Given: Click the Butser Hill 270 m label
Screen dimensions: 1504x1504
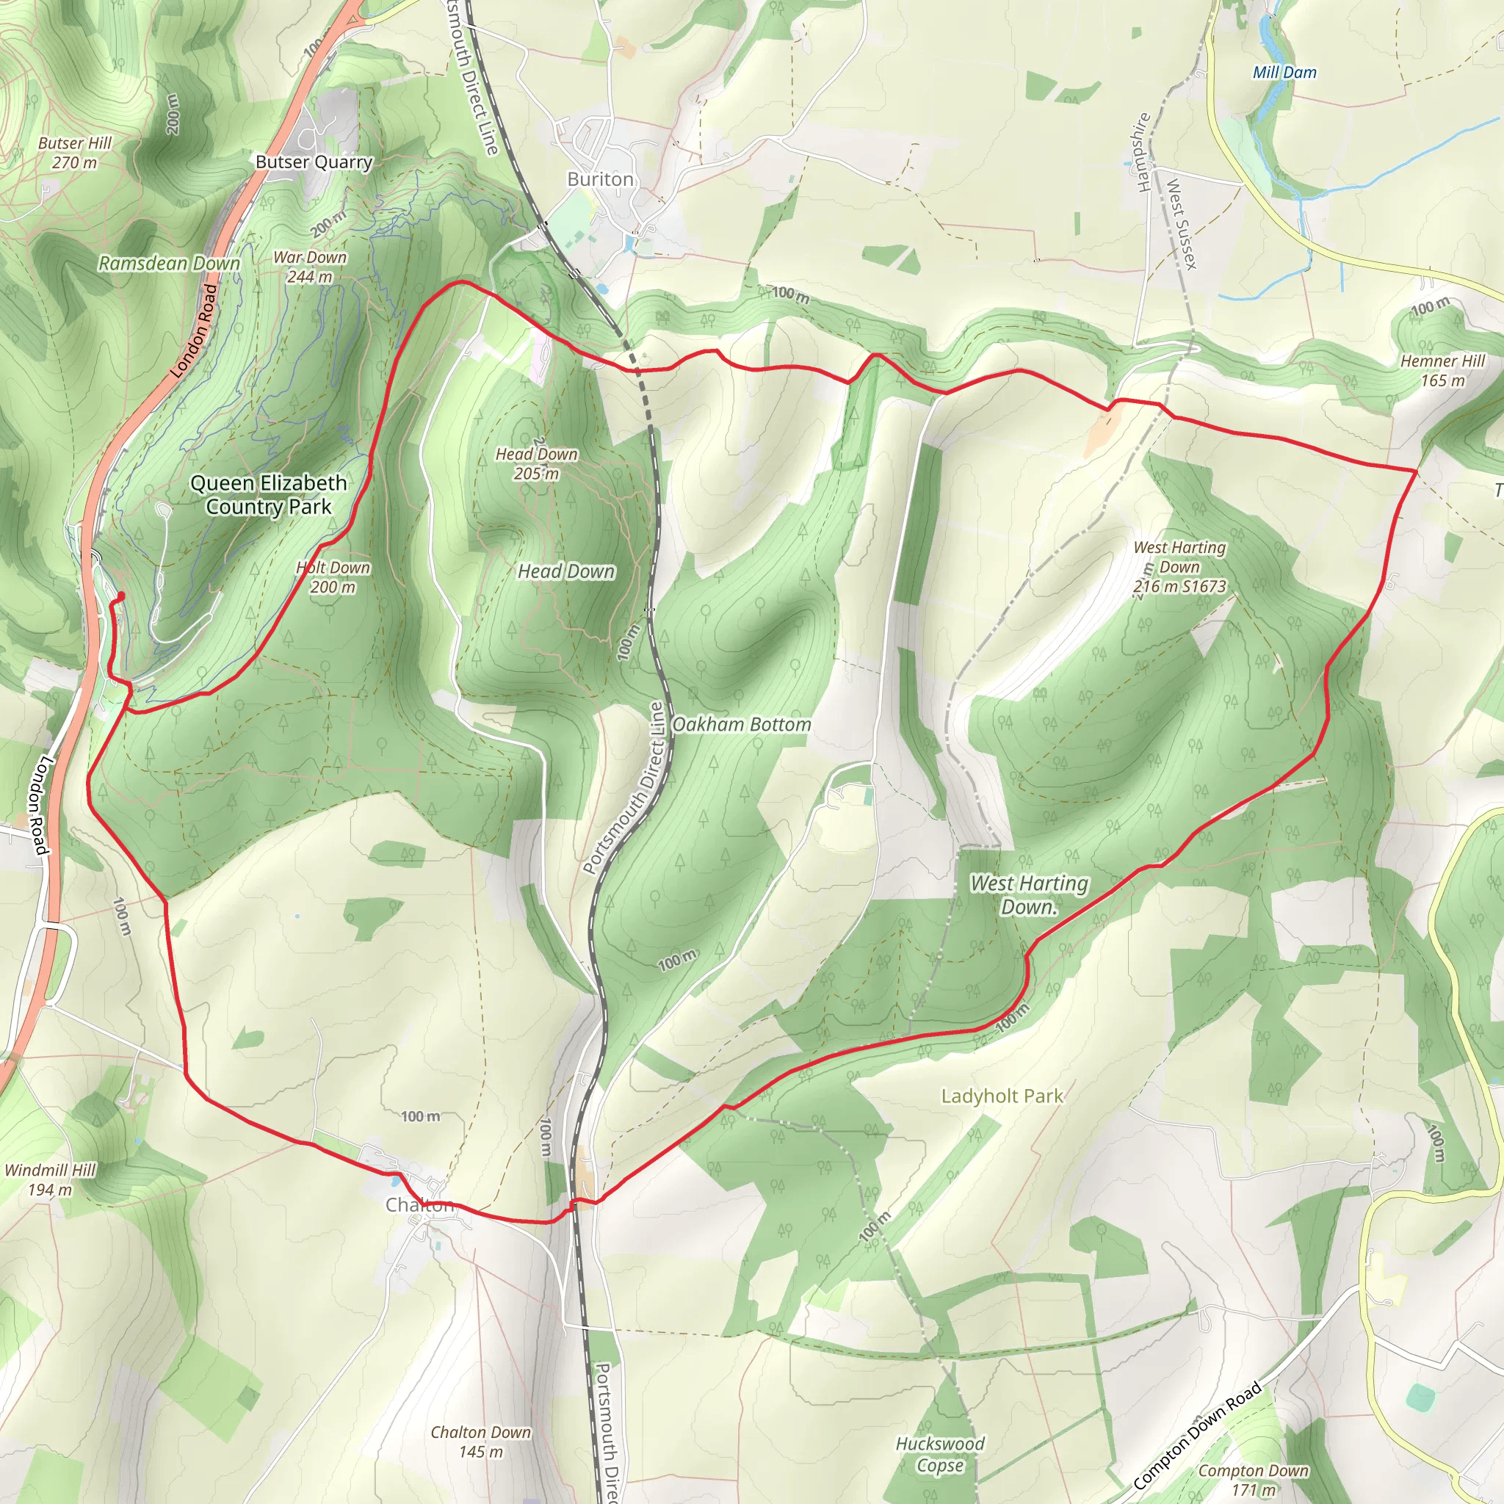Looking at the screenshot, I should click(x=75, y=153).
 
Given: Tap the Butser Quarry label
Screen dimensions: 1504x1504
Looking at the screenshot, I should click(x=314, y=162).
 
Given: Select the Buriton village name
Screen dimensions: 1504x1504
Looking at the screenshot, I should click(x=600, y=179).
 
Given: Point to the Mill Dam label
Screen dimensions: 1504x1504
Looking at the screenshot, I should click(x=1284, y=73).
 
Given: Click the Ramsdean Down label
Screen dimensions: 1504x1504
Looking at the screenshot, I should click(x=169, y=263).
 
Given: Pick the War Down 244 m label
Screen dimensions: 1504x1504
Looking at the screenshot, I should click(x=310, y=267).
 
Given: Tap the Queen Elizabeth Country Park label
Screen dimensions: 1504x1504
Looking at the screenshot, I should click(x=269, y=494).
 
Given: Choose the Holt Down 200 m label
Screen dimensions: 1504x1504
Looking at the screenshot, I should click(x=333, y=576).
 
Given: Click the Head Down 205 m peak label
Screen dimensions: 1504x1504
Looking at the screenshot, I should click(x=536, y=463).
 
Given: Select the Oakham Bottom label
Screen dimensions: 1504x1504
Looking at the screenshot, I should click(x=741, y=724).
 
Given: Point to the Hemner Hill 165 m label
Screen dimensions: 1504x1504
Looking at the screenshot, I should click(x=1442, y=371).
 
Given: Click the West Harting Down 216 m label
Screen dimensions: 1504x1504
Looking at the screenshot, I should click(x=1179, y=567).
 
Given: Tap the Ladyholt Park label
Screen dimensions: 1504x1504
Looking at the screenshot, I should click(x=1002, y=1096).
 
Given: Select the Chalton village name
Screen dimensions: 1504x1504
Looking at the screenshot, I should click(x=419, y=1204).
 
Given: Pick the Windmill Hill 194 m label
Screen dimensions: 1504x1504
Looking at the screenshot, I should click(x=50, y=1179).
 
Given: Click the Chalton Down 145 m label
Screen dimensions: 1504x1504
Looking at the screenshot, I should click(x=480, y=1442).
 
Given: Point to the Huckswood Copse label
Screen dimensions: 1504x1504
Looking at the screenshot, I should click(x=939, y=1454).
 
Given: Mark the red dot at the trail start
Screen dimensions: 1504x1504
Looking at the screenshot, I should click(x=120, y=596).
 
